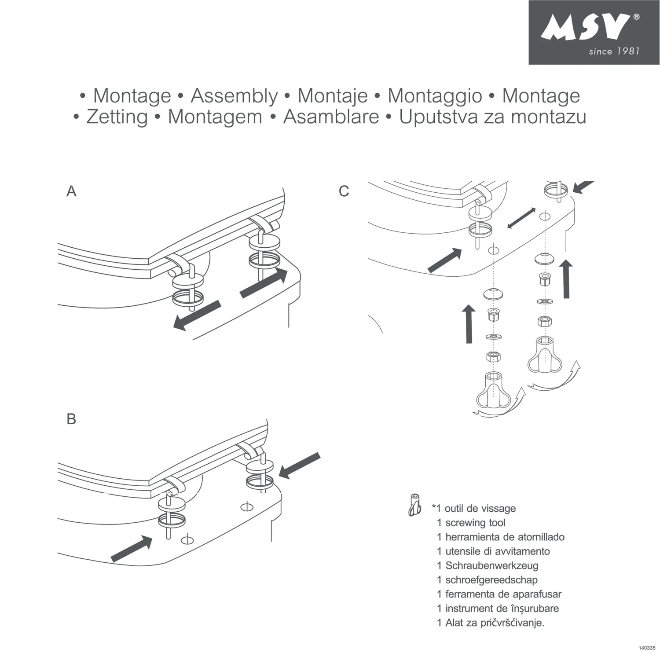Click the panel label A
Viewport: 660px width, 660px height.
click(71, 191)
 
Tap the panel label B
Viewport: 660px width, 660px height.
click(71, 419)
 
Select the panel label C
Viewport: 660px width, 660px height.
click(344, 191)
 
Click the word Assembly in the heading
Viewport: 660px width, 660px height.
click(234, 96)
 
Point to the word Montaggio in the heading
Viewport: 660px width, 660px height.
click(434, 96)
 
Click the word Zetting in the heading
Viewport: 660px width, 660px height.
click(117, 117)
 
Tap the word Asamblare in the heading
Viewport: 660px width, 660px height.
click(331, 117)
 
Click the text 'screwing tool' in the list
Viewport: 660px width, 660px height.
click(475, 523)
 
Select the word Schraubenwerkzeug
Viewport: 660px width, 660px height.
click(491, 565)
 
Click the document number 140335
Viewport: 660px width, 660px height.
click(646, 648)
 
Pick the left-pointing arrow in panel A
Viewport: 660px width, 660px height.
click(196, 315)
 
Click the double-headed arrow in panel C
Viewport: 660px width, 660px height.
click(521, 218)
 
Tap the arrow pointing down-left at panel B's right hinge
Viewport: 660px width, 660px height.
click(299, 466)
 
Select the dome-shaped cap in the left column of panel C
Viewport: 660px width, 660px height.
click(493, 294)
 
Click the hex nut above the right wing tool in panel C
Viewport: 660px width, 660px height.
click(545, 322)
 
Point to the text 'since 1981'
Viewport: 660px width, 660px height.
click(614, 51)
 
